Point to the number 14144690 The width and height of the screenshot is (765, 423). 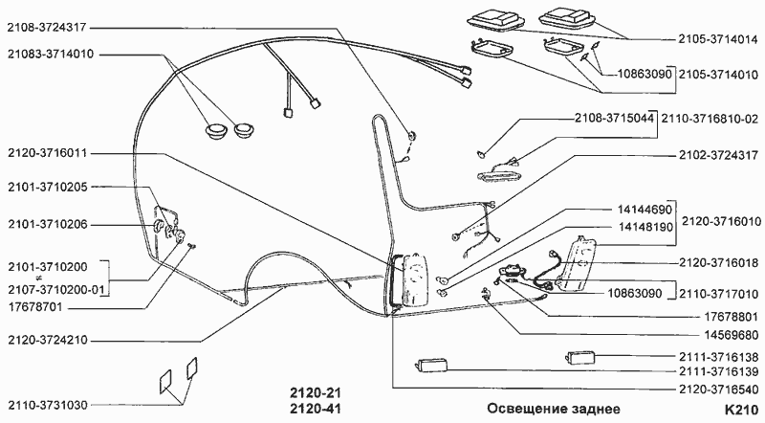click(x=645, y=210)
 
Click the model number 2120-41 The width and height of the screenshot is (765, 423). click(x=315, y=409)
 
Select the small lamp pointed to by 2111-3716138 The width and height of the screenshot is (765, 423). click(x=581, y=357)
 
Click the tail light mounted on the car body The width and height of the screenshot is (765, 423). click(x=417, y=278)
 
